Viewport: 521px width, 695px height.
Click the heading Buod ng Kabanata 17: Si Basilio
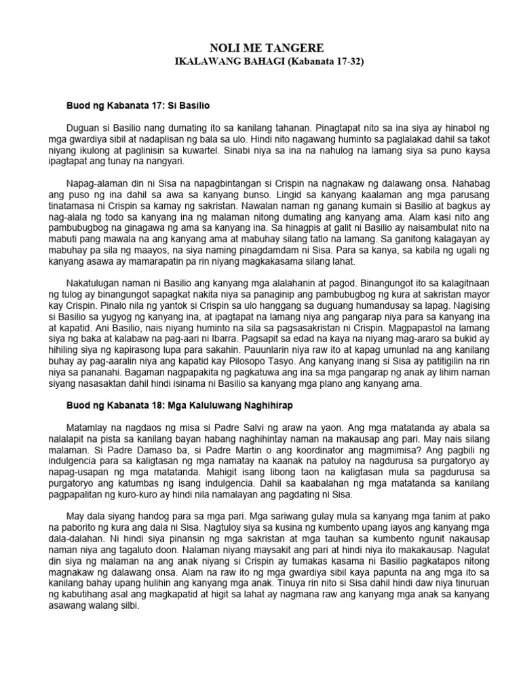(138, 107)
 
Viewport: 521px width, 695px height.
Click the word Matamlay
(88, 430)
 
